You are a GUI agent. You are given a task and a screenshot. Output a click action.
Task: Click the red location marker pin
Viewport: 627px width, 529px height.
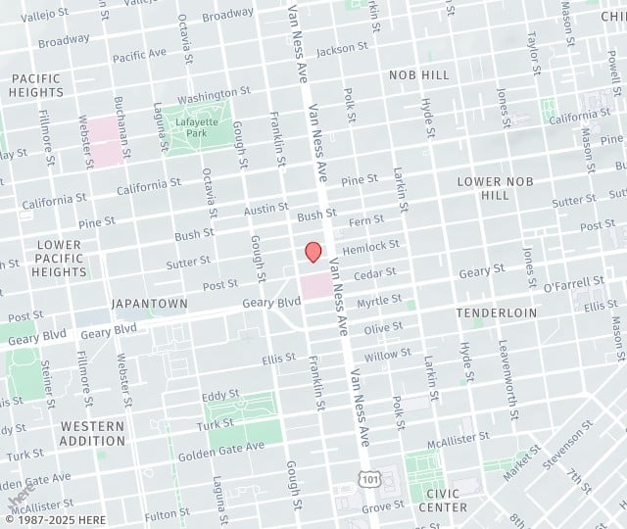coord(313,252)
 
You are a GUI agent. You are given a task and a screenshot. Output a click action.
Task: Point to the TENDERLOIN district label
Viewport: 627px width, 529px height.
coord(496,313)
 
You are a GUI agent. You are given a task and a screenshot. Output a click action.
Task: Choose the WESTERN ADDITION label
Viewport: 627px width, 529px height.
coord(92,434)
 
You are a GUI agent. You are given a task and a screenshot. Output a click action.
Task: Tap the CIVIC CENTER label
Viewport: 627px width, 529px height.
coord(443,500)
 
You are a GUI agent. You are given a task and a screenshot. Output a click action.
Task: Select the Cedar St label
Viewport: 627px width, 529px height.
coord(375,273)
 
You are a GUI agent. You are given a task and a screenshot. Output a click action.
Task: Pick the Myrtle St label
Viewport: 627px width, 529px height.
coord(379,300)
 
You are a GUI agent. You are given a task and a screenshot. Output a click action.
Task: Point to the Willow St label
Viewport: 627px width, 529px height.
coord(387,355)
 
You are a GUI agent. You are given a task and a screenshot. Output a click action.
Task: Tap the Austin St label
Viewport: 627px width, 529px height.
coord(265,210)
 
